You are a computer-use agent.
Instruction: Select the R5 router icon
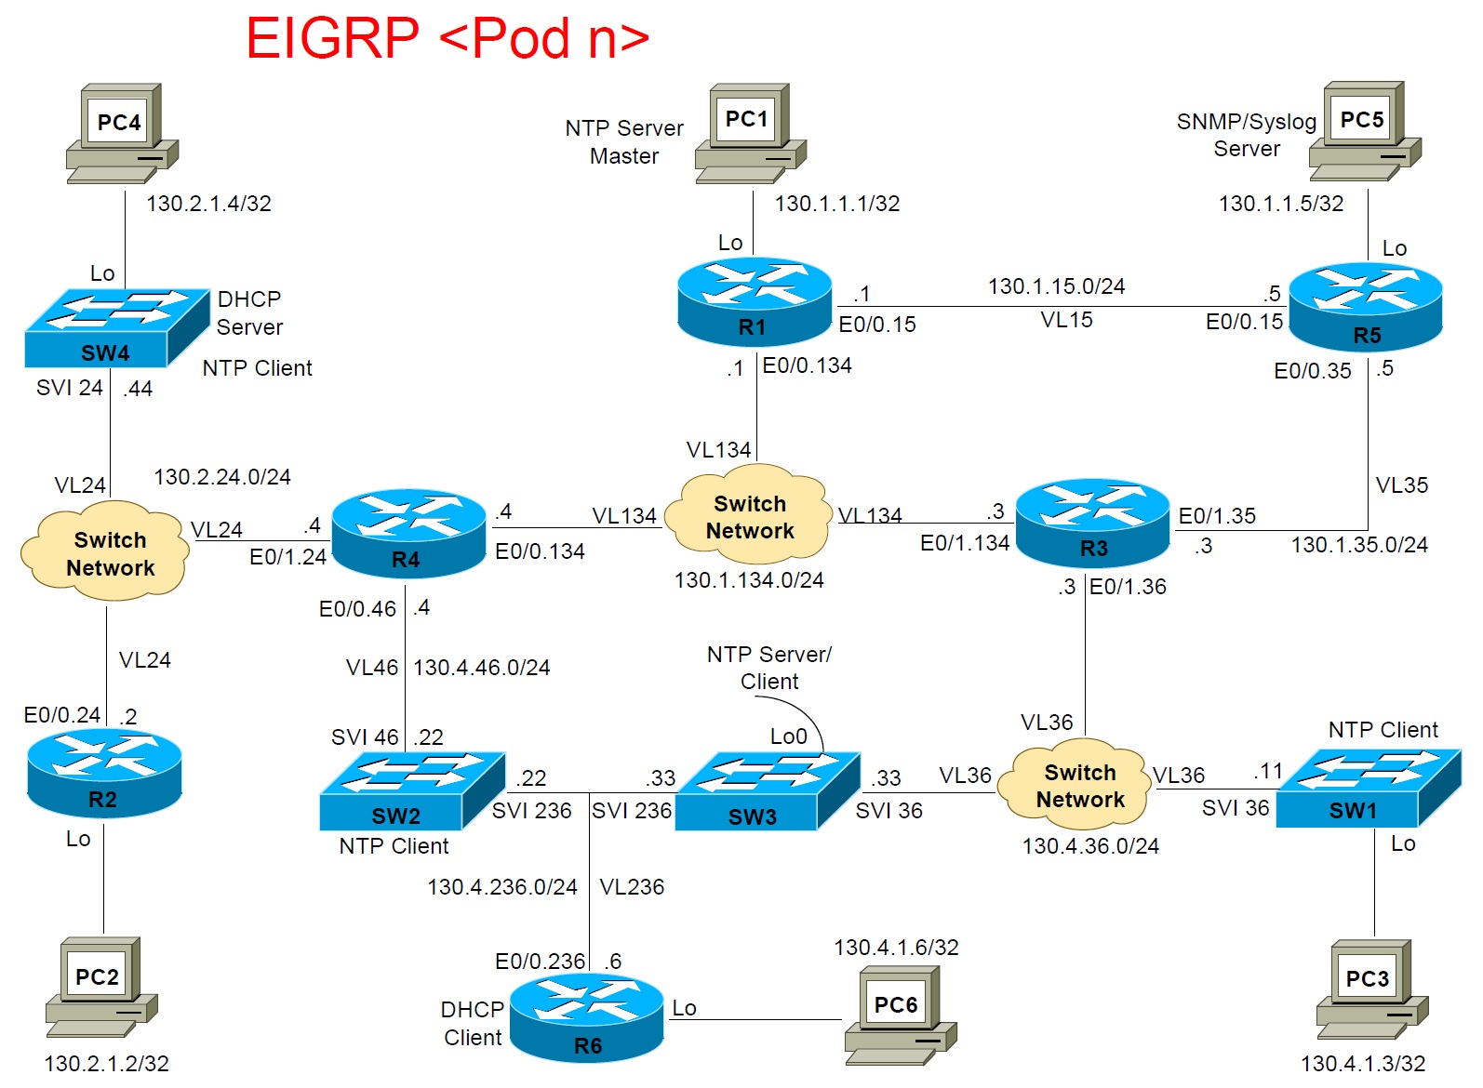click(1365, 308)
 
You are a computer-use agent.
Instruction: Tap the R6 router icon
click(587, 1019)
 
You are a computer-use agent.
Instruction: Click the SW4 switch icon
click(116, 327)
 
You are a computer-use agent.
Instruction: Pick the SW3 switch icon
click(767, 790)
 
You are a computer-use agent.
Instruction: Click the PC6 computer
click(900, 1015)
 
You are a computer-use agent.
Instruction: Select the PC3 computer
click(1371, 989)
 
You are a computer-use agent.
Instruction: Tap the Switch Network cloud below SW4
click(106, 552)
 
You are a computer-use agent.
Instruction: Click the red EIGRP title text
click(447, 39)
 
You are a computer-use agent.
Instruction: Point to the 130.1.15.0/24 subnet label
click(1056, 286)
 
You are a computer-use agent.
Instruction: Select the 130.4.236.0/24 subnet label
click(502, 887)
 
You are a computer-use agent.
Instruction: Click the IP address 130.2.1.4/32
click(208, 204)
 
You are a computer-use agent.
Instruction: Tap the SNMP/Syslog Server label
click(1246, 135)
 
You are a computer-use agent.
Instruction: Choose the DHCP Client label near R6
click(473, 1023)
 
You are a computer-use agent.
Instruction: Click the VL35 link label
click(1401, 485)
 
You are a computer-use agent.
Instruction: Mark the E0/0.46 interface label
click(357, 609)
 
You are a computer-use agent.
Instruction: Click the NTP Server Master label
click(624, 141)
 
